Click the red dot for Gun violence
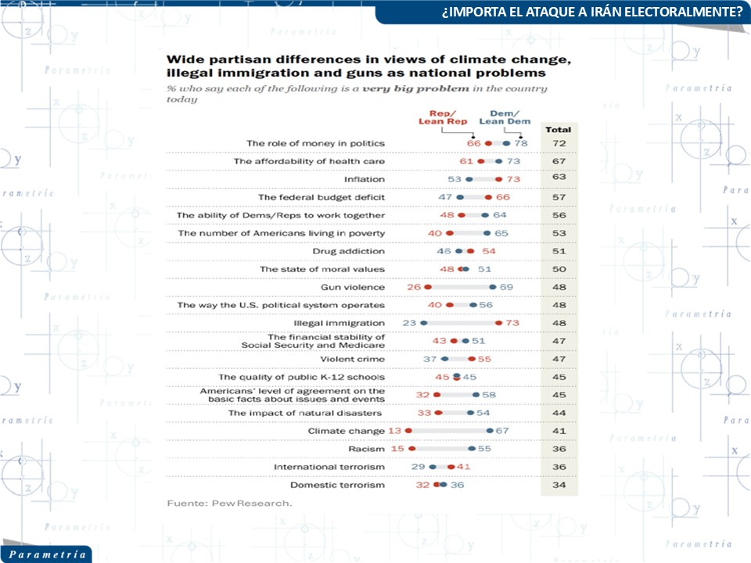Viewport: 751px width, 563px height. click(x=428, y=287)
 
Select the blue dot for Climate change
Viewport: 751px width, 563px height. click(x=490, y=431)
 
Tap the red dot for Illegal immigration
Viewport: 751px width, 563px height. click(x=498, y=323)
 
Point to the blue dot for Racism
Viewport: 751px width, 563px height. click(x=471, y=449)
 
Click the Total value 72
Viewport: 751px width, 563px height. click(x=559, y=144)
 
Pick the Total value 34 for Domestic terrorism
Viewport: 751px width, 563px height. click(x=559, y=485)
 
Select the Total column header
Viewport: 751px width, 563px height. click(x=559, y=129)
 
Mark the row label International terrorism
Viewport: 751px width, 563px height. click(x=329, y=467)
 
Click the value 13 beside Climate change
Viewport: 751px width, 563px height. click(x=395, y=431)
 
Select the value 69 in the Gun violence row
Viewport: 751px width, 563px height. click(x=506, y=287)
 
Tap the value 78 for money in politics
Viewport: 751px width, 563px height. click(x=522, y=144)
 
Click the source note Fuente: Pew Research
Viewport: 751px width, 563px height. click(x=229, y=504)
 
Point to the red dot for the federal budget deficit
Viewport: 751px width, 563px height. click(x=487, y=197)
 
